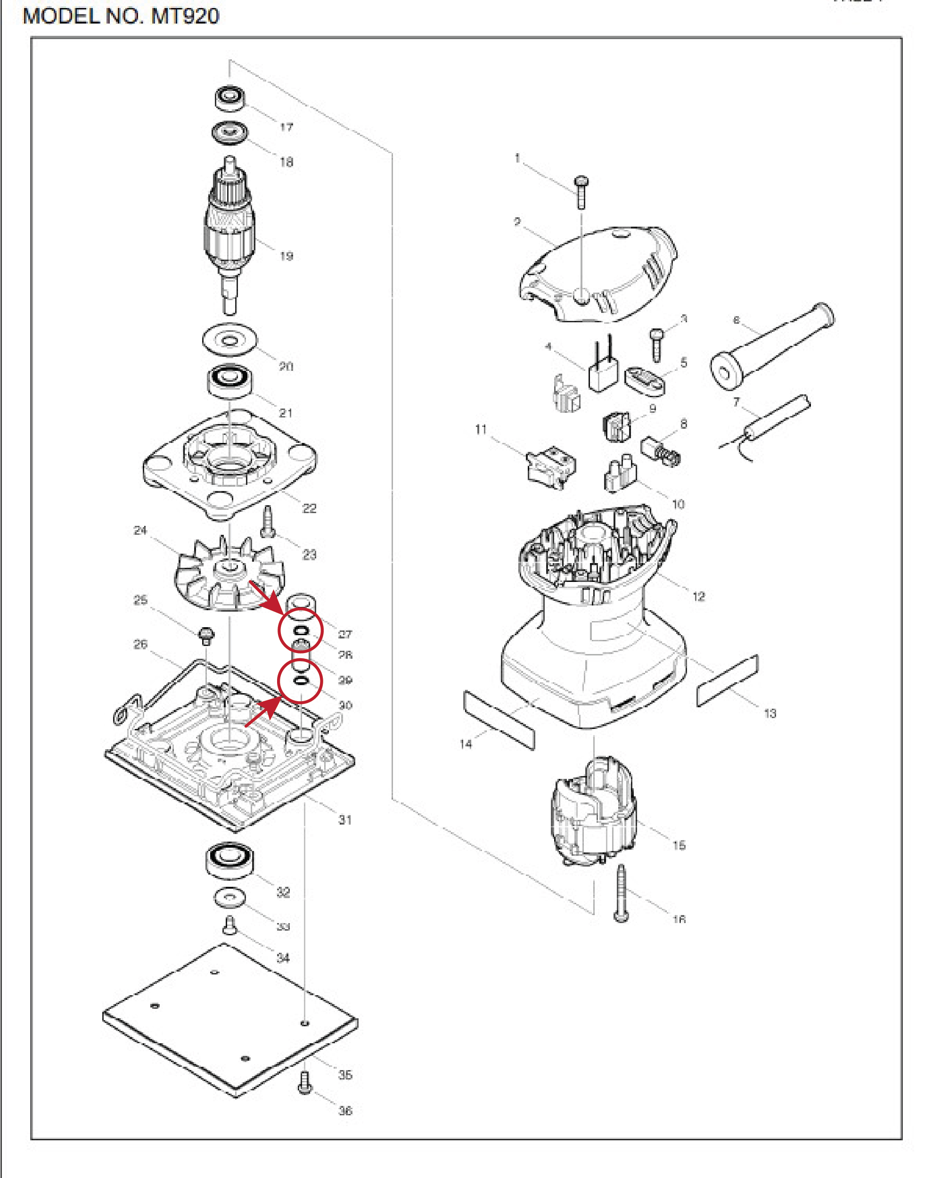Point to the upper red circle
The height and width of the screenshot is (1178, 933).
tap(301, 630)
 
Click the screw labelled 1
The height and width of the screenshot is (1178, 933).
tap(581, 191)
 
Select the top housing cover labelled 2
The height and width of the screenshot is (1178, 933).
tap(598, 273)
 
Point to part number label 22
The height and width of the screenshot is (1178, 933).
tap(309, 508)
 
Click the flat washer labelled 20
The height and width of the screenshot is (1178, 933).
tap(229, 341)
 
